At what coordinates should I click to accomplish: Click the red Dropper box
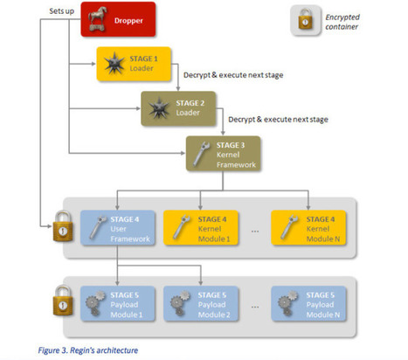point(118,20)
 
